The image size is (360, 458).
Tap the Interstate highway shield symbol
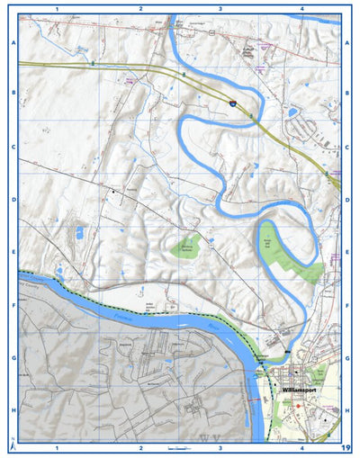click(232, 105)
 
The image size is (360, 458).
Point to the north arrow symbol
click(12, 445)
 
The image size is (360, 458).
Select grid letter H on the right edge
click(346, 409)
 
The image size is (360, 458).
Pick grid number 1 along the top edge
click(57, 8)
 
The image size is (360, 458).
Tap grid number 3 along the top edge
click(220, 8)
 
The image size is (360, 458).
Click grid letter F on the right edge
click(346, 306)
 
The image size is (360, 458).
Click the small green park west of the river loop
click(187, 244)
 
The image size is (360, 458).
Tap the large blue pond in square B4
click(292, 112)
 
